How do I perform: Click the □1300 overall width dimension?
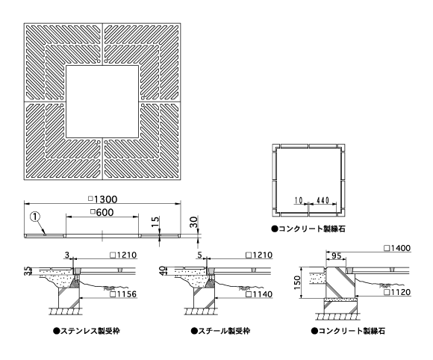point(103,199)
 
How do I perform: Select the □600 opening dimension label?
point(102,212)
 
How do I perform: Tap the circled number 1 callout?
point(35,217)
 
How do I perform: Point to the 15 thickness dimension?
point(156,223)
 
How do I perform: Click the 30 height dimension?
point(194,222)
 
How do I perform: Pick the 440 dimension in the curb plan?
point(323,200)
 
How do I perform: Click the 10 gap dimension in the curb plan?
point(298,200)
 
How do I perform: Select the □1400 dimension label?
point(397,248)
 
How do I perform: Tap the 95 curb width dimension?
point(336,256)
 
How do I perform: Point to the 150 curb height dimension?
point(297,282)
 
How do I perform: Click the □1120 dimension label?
point(397,292)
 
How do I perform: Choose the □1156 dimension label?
point(123,294)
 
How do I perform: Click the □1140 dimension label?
point(259,294)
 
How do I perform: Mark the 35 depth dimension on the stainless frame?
point(27,271)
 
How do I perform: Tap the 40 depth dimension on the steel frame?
point(163,270)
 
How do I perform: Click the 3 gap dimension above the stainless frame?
point(67,255)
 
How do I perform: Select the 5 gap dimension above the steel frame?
point(200,255)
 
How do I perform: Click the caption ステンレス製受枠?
point(87,331)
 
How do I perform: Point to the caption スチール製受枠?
point(220,331)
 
